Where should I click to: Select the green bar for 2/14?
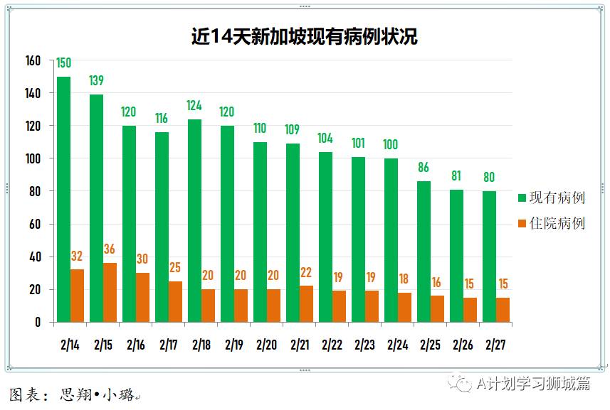coord(63,200)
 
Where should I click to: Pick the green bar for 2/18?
coord(194,221)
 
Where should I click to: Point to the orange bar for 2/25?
coord(437,309)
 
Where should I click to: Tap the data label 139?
coord(97,81)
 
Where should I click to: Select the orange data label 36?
coord(110,249)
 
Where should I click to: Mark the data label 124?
coord(194,106)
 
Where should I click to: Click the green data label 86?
coord(424,168)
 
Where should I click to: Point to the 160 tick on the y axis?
coord(33,60)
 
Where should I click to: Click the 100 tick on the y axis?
coord(33,158)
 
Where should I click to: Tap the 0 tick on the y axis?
coord(38,323)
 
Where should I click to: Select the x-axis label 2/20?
coord(266,345)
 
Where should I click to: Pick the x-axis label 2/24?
coord(397,345)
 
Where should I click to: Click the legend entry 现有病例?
coord(552,198)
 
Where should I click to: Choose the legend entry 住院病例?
coord(552,223)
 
